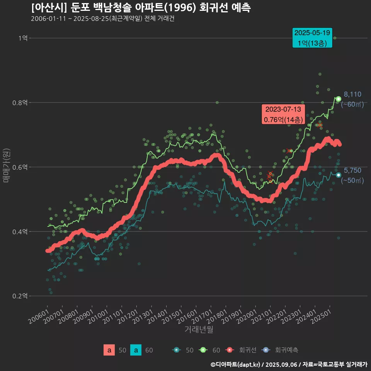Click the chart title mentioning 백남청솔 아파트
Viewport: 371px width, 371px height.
click(x=141, y=8)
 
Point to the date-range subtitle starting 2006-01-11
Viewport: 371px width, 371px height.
click(x=103, y=19)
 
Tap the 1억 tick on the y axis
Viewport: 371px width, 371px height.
click(x=22, y=38)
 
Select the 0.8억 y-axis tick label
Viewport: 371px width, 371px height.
click(x=20, y=102)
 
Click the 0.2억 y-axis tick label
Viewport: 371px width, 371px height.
click(x=20, y=296)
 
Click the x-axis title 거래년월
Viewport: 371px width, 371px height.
click(x=199, y=330)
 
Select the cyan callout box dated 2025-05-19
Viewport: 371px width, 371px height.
click(x=312, y=38)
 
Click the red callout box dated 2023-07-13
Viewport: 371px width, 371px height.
click(x=283, y=114)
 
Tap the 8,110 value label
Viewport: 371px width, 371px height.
click(x=352, y=94)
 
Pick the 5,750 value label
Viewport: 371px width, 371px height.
click(x=352, y=170)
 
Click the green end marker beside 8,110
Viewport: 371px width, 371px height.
click(x=339, y=99)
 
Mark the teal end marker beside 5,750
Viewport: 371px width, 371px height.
click(x=339, y=175)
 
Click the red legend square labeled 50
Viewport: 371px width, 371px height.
click(x=109, y=350)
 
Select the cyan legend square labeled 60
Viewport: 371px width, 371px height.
click(x=136, y=350)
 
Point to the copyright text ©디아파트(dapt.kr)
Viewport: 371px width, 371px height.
click(x=236, y=364)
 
